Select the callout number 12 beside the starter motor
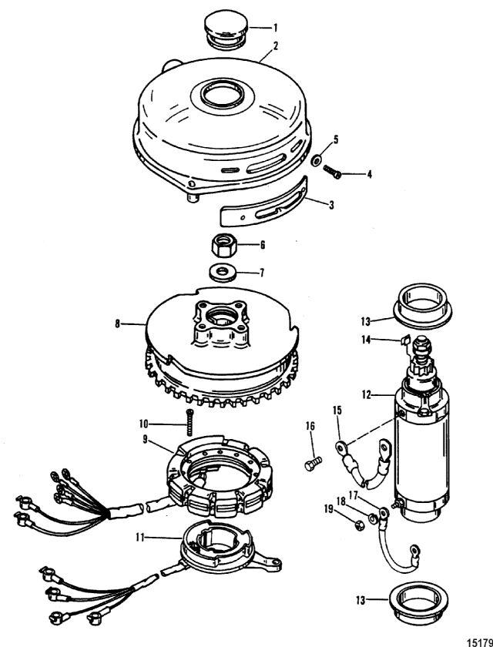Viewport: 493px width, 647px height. pyautogui.click(x=369, y=394)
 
